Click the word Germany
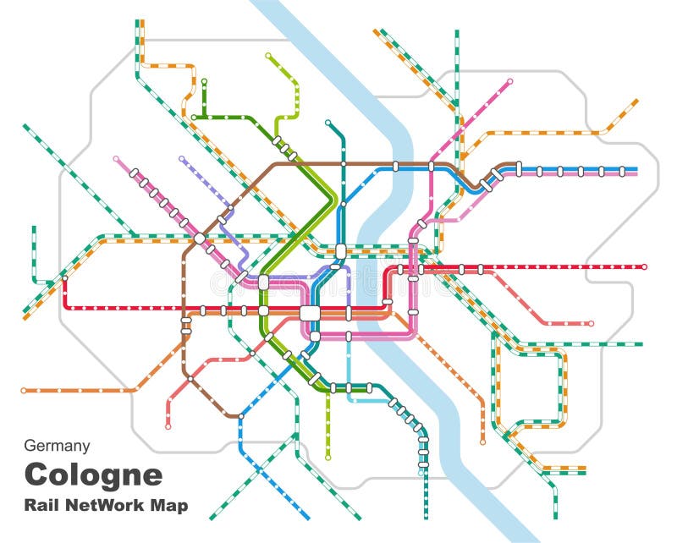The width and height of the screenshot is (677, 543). [57, 446]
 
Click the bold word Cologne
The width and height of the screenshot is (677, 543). [93, 474]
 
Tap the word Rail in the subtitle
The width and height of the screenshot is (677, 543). [41, 506]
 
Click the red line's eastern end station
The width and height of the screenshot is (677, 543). [644, 267]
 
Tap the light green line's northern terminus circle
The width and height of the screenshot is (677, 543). [268, 56]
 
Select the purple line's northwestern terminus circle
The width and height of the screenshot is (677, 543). [182, 158]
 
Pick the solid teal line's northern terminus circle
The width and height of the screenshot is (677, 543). [329, 123]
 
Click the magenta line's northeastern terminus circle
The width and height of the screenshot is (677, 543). [510, 82]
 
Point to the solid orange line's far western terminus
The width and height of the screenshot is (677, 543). [24, 391]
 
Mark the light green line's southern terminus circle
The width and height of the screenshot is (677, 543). [327, 458]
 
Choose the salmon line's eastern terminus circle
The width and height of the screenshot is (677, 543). [591, 323]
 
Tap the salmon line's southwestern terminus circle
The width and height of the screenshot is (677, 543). [168, 426]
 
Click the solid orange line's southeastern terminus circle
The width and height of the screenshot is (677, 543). [482, 442]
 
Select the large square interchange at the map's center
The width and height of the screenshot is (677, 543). [311, 313]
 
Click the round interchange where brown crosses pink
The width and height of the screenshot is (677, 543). [199, 239]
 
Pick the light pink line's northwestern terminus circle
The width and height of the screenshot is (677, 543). [116, 158]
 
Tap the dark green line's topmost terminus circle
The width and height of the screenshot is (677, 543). [204, 82]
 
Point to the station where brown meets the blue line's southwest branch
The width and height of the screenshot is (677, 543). [241, 416]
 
